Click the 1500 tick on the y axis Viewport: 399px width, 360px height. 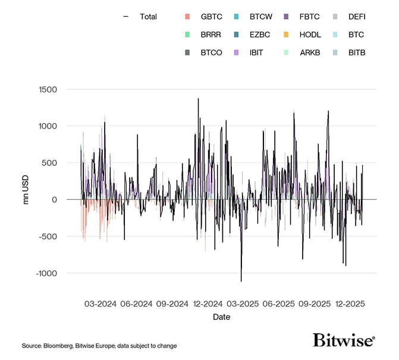[47, 89]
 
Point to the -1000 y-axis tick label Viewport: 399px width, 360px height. [45, 273]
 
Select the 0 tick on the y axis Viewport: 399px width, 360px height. [54, 199]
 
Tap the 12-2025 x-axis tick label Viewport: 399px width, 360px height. [350, 303]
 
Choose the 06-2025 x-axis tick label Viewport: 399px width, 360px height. [278, 303]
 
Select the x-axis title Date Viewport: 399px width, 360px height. [221, 317]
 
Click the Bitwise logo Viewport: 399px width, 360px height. [344, 340]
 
